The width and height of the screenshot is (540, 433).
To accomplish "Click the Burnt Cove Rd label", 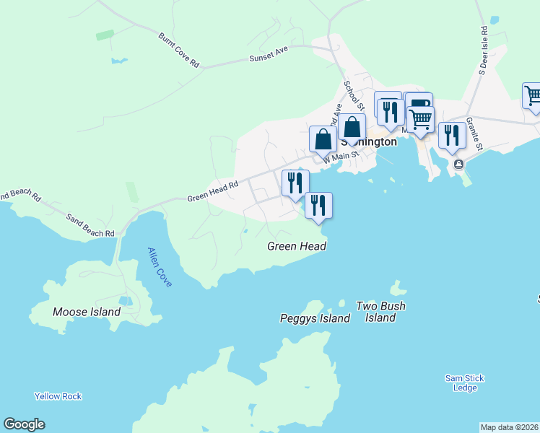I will coord(179,50).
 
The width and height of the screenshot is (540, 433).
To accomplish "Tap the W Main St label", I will coord(341,155).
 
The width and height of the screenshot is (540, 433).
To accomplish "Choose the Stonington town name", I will coord(368,141).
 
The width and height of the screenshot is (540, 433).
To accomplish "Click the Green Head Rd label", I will coord(213,191).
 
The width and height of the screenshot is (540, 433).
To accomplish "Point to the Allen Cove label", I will coord(160,267).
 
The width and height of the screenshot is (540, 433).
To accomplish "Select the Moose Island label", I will coord(87,312).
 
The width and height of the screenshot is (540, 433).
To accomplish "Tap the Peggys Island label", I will coord(315,318).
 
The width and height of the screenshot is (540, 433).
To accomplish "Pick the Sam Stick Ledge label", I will coord(464,383).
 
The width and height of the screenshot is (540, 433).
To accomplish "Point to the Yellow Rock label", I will coord(58,396).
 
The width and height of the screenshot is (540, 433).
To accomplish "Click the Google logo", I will coord(24,424).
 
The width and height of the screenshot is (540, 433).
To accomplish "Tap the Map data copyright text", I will coord(509,427).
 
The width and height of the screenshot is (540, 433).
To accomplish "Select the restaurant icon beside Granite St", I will coord(452,136).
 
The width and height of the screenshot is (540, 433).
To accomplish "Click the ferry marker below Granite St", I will coord(458,165).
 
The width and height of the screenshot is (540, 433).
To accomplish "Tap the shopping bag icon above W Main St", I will coord(323,139).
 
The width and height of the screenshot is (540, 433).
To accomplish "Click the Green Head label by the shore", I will coord(297,246).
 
